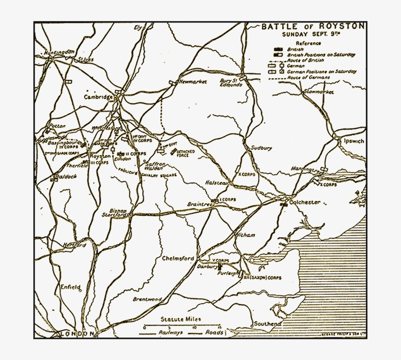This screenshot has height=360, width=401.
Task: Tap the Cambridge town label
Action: (98, 97)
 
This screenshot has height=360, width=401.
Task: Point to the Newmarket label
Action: (193, 81)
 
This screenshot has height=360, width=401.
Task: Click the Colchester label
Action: (305, 202)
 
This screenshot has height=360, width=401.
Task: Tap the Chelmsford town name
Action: (178, 258)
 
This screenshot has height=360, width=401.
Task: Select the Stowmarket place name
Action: (318, 92)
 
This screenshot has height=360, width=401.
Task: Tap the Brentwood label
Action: (147, 298)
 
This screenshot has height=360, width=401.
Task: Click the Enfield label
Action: (70, 287)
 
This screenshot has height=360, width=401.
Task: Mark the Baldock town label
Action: (67, 176)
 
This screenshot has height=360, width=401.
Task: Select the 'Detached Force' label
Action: (186, 153)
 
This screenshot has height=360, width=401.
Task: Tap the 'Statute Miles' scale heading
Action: (181, 319)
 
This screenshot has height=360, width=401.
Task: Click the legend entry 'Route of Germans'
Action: (309, 77)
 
